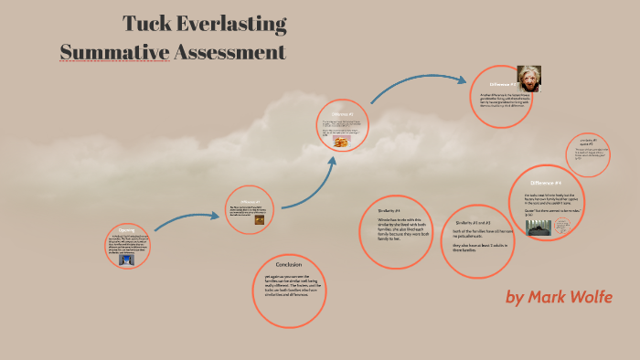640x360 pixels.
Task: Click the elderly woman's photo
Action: pos(528,78)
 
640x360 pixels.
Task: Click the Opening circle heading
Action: pos(126,230)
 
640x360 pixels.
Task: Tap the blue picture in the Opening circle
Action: pos(127,259)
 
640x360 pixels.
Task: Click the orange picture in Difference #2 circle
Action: pos(341,143)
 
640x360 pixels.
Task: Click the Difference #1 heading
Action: pos(251,201)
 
